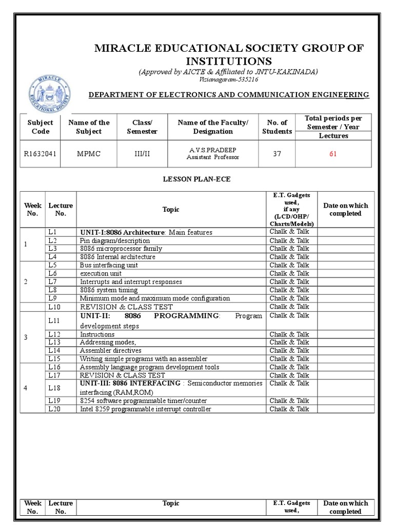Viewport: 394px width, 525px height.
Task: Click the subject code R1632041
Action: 40,154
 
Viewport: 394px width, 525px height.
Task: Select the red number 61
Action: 333,154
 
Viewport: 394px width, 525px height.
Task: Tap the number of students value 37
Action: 277,154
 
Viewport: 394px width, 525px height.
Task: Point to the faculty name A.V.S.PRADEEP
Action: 212,150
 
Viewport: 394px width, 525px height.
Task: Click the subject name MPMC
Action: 89,154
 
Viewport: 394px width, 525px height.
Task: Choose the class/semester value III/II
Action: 142,154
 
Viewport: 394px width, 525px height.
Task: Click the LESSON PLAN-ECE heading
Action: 196,179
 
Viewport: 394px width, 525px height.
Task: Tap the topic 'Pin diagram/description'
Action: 115,240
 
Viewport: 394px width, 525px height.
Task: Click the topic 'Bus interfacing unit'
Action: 109,265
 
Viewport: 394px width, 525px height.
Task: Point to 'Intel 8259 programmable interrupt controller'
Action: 145,409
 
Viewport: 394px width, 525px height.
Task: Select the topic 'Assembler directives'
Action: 110,351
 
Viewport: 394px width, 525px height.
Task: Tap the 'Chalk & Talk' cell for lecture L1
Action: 289,232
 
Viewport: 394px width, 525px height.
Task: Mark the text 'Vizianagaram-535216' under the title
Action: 228,79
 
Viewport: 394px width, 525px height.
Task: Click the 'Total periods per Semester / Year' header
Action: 333,123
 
